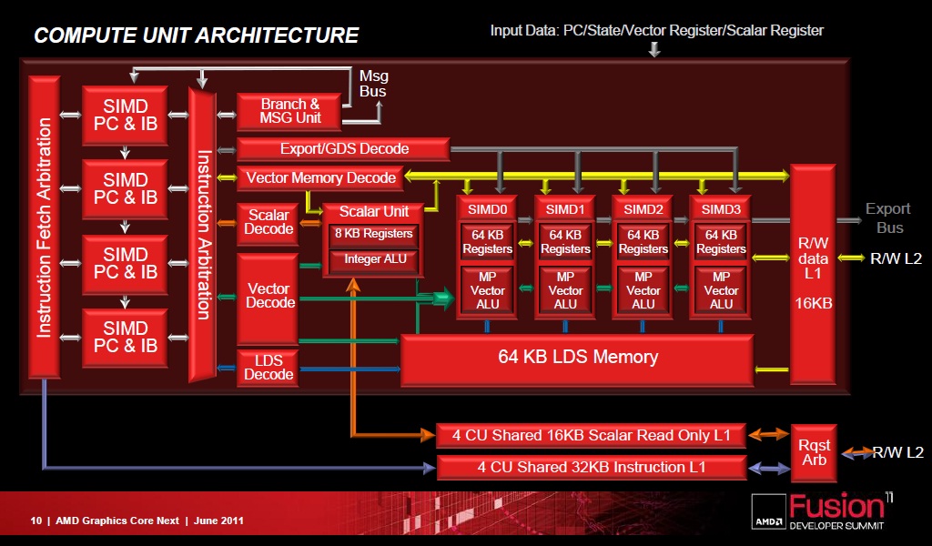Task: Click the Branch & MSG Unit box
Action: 289,111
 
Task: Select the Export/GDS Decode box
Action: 343,148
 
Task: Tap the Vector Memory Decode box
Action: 320,177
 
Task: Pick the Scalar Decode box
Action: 268,223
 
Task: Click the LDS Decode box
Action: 268,368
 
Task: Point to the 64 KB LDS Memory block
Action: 577,357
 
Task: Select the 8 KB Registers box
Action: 373,234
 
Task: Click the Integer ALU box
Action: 374,259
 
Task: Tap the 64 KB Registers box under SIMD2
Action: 643,242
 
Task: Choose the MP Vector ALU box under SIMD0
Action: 488,289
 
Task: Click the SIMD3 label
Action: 721,209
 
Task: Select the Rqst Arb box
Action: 814,452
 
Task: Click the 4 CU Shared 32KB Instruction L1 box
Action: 591,468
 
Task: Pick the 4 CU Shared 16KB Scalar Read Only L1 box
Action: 591,435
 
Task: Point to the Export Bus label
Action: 887,217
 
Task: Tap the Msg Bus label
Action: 373,84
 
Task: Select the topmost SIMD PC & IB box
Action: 125,115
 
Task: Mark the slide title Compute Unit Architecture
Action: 196,35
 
